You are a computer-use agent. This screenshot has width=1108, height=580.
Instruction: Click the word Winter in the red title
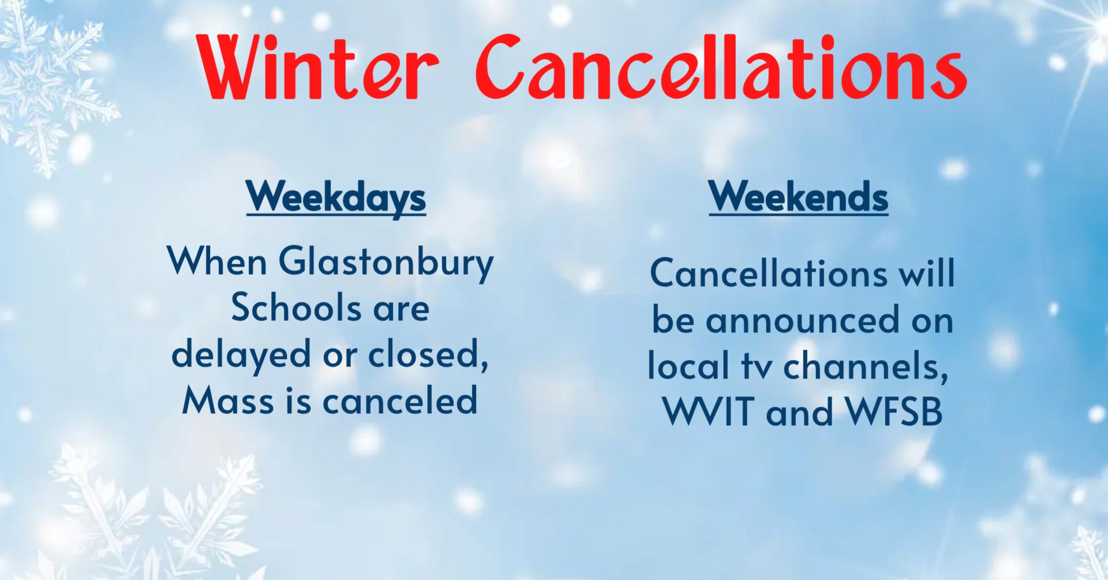(x=318, y=68)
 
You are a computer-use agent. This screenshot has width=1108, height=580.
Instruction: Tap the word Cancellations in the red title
(x=721, y=66)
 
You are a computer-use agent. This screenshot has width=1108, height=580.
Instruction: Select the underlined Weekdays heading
(x=336, y=197)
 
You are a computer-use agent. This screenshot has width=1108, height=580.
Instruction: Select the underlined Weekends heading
(x=799, y=197)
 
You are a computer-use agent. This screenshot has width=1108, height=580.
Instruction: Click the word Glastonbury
(x=386, y=263)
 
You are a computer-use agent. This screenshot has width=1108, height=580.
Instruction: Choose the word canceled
(x=400, y=399)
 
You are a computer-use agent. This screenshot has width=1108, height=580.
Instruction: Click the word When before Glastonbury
(x=217, y=261)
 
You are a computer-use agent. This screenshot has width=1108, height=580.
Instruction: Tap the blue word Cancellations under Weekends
(x=769, y=272)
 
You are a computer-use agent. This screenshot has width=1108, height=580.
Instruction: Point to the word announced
(x=803, y=320)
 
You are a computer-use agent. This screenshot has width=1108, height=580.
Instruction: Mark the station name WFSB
(x=894, y=411)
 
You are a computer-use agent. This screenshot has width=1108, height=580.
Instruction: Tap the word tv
(x=757, y=366)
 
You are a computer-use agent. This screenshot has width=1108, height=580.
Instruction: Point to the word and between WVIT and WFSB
(x=800, y=411)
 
